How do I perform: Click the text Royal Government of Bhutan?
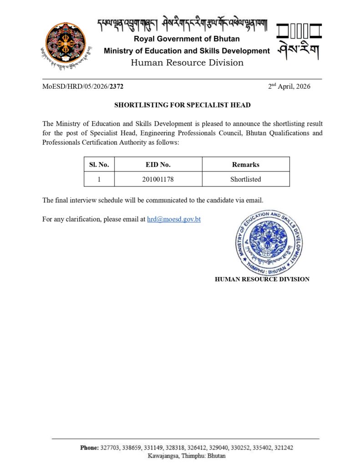coord(187,39)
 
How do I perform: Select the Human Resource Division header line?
coord(187,63)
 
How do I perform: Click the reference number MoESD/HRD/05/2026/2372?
coord(83,86)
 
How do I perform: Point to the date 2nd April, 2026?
coord(289,86)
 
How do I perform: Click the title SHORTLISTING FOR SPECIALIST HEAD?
coord(182,105)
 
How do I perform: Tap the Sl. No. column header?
coord(99,165)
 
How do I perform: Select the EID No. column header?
coord(158,165)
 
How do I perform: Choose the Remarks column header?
coord(245,165)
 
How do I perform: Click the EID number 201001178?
coord(158,179)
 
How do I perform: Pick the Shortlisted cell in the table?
coord(245,179)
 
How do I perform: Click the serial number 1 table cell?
coord(99,179)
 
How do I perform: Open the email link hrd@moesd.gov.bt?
coord(174,219)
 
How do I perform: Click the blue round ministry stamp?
coord(268,243)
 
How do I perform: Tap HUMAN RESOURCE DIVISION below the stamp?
coord(262,279)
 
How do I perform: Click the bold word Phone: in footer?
coord(89,448)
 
